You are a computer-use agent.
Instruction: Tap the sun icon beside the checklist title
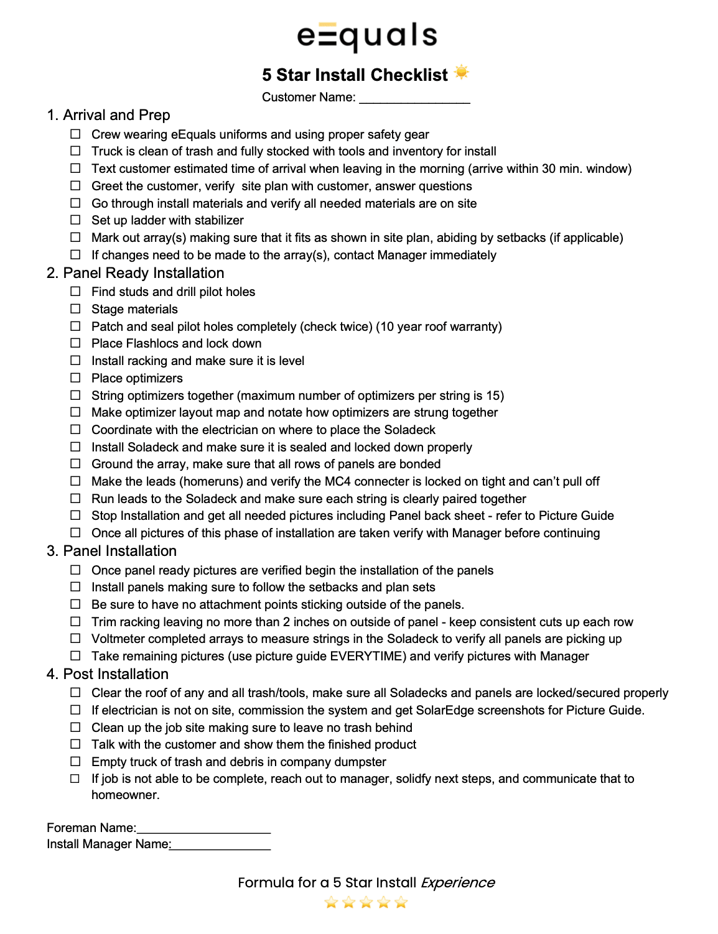(x=461, y=73)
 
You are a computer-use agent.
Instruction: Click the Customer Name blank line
(x=414, y=98)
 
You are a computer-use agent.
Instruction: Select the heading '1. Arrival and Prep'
(x=108, y=115)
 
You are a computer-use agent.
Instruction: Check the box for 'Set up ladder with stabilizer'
(x=75, y=220)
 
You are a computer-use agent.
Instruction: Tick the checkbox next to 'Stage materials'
(x=75, y=309)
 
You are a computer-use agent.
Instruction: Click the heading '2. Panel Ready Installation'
(x=135, y=273)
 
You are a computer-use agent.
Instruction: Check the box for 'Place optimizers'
(x=75, y=378)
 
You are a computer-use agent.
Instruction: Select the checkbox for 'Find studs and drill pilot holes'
(x=75, y=292)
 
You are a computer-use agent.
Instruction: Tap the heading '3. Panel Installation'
(x=111, y=551)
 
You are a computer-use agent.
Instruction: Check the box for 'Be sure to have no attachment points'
(x=75, y=604)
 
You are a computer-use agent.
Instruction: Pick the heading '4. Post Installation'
(x=108, y=674)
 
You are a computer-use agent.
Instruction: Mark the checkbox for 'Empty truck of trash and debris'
(x=75, y=762)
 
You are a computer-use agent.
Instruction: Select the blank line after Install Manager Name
(x=221, y=846)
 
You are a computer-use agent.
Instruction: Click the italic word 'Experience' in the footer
(x=457, y=882)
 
